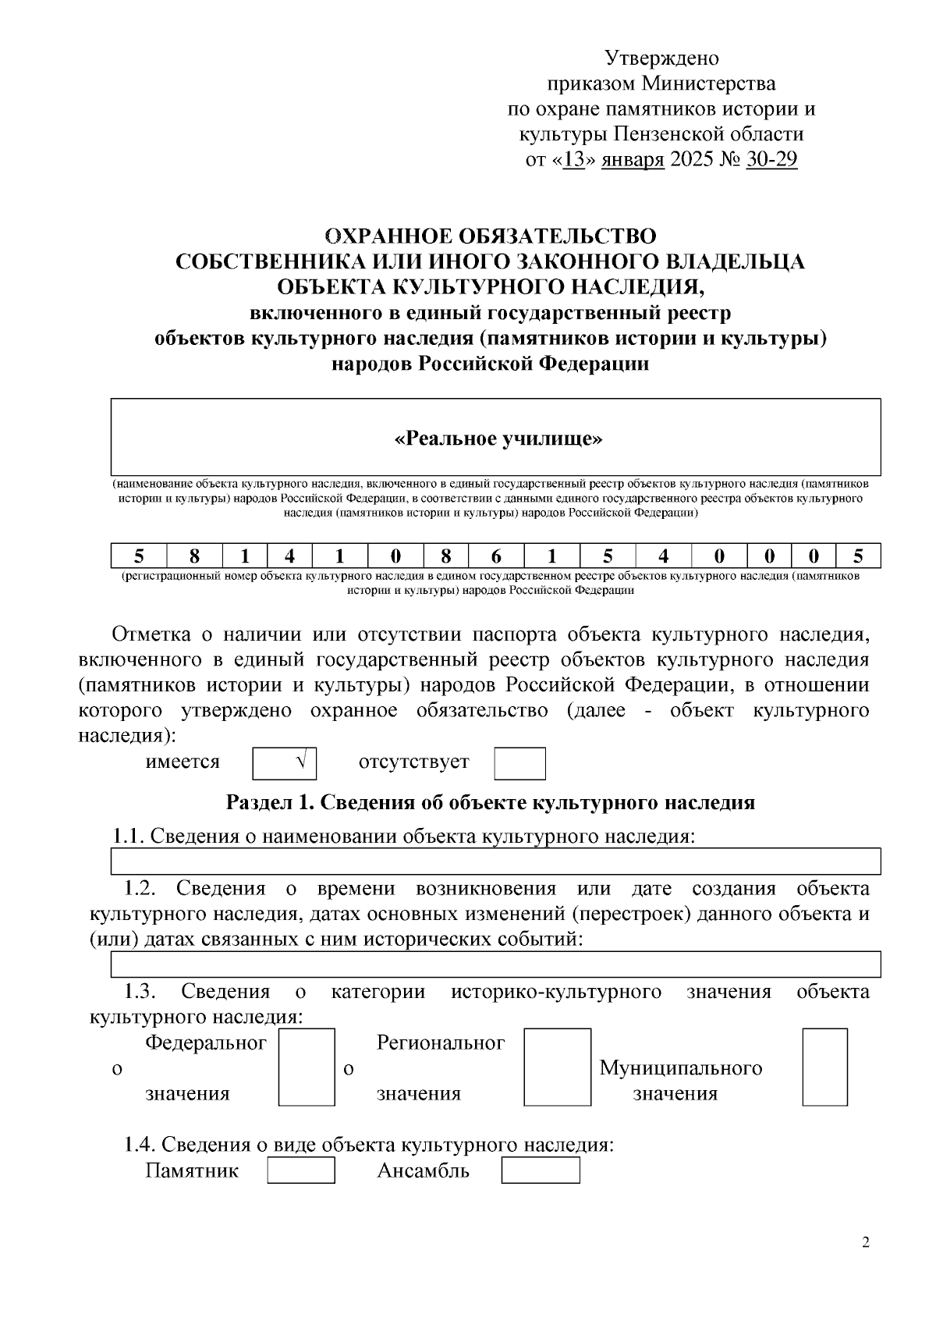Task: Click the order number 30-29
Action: tap(771, 160)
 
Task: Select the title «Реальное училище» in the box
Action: tap(498, 439)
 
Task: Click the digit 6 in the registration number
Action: tap(496, 556)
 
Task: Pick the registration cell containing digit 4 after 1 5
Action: tap(663, 556)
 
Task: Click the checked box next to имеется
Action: tap(285, 763)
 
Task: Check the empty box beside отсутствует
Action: tap(519, 763)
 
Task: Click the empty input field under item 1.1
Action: tap(496, 861)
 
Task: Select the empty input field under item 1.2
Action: tap(496, 964)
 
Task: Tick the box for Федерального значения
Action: tap(307, 1067)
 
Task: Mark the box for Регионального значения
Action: tap(557, 1067)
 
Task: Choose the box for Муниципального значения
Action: tap(824, 1067)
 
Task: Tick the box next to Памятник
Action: tap(301, 1170)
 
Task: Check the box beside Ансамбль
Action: tap(540, 1170)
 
